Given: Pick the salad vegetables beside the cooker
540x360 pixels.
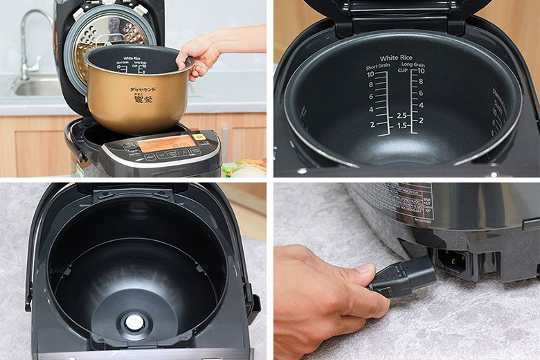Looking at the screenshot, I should pyautogui.click(x=245, y=167).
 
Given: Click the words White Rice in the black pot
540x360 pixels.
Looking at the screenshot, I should pyautogui.click(x=396, y=58).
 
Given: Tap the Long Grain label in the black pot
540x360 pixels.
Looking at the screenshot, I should pyautogui.click(x=414, y=66).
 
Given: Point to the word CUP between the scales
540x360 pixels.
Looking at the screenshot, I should pyautogui.click(x=401, y=71).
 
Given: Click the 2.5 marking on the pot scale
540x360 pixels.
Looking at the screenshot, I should pyautogui.click(x=402, y=115).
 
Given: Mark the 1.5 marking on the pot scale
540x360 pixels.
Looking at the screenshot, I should pyautogui.click(x=402, y=125).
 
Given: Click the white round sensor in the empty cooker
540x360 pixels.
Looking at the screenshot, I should pyautogui.click(x=134, y=322).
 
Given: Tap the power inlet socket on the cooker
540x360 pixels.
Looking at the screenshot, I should pyautogui.click(x=453, y=261).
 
